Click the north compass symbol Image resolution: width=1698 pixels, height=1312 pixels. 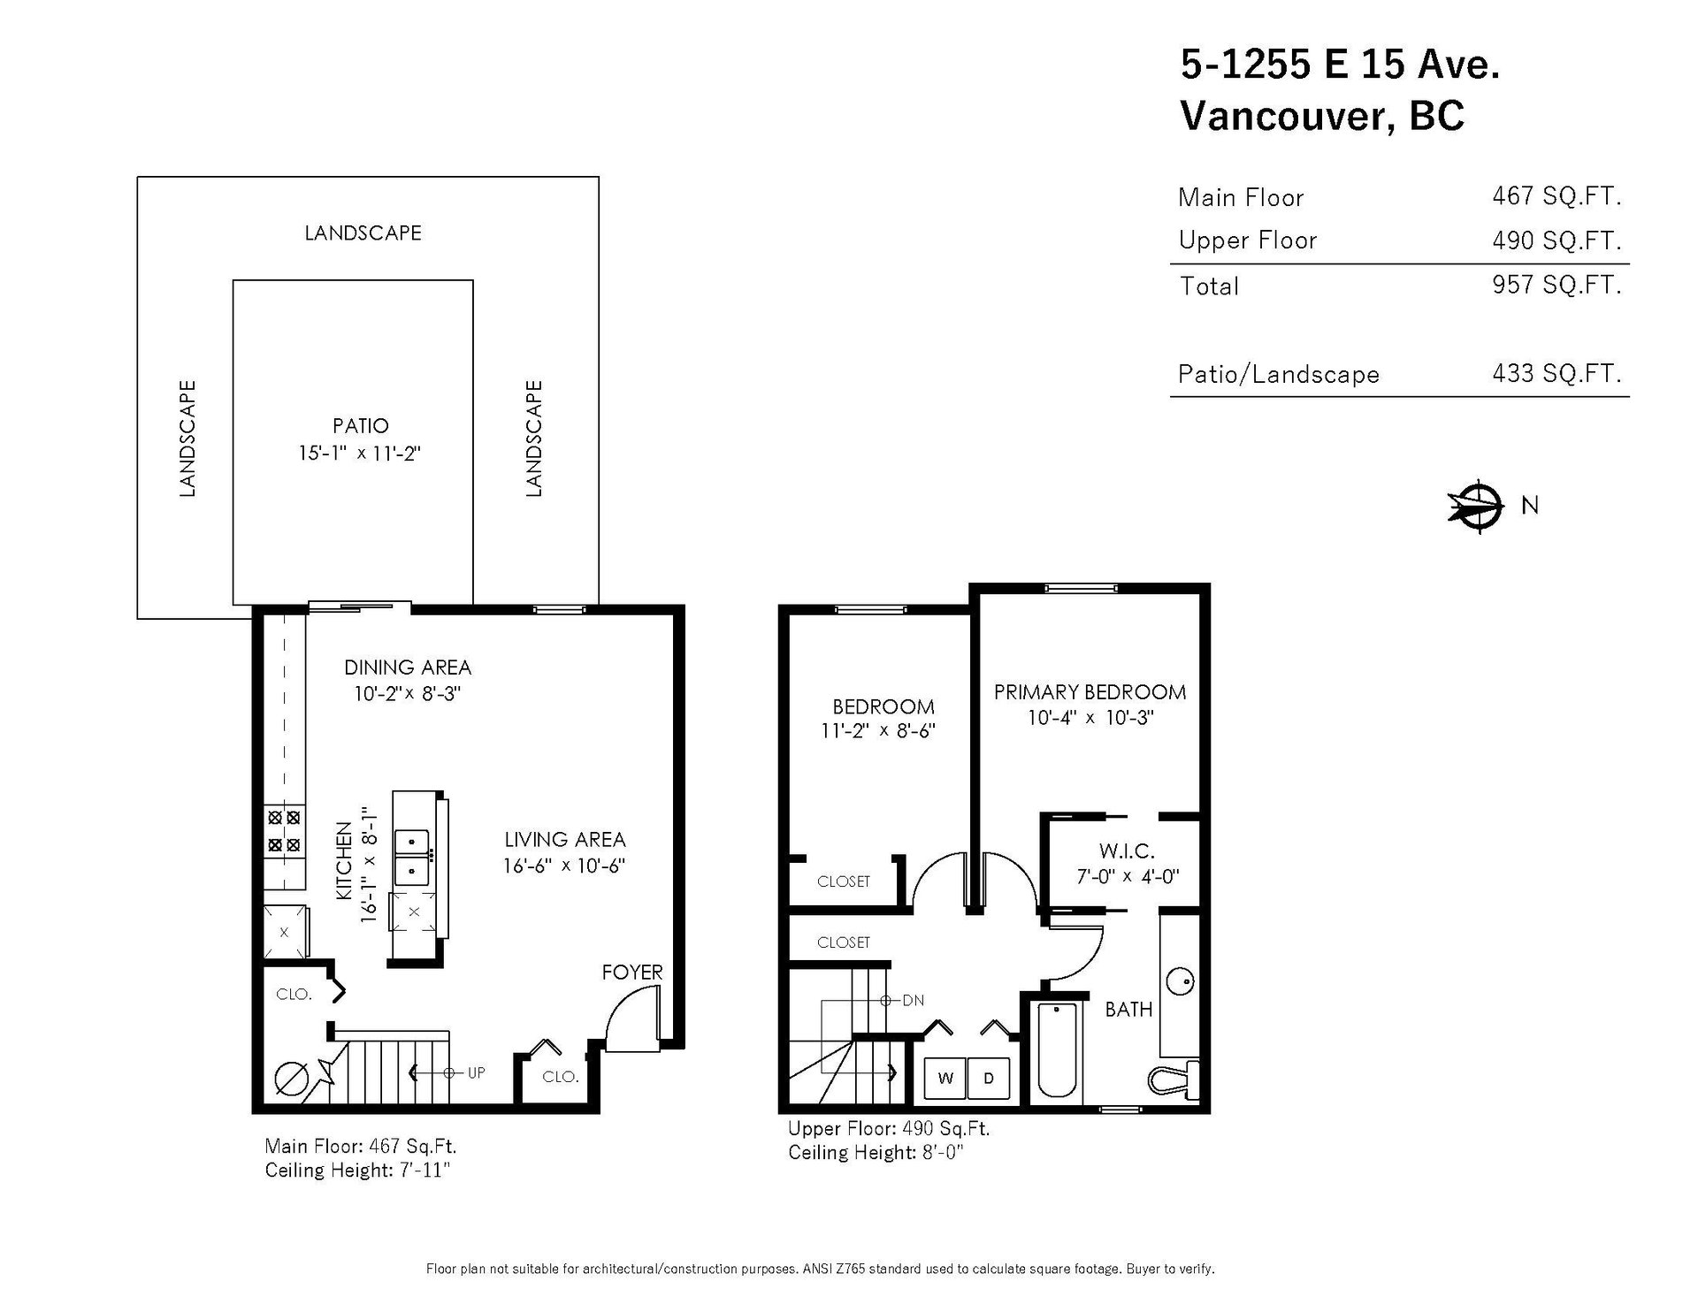1476,507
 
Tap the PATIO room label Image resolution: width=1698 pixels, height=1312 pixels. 361,426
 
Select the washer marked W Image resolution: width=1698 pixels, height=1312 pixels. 945,1078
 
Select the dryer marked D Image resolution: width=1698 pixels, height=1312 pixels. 989,1078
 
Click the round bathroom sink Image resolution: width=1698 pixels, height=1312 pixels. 1181,980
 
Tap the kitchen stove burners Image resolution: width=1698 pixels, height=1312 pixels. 285,831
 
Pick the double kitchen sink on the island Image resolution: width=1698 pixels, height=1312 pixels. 412,857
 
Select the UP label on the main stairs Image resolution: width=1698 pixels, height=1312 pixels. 477,1073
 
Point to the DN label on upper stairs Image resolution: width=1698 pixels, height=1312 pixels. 914,1001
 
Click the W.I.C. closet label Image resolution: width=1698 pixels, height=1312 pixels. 1128,851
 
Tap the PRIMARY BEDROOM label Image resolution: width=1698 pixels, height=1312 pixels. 1090,692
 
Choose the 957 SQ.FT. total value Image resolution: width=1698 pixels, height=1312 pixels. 1557,285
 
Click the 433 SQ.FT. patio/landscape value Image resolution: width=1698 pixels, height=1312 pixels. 1557,373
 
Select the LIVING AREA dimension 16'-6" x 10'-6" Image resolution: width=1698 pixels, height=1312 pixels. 565,866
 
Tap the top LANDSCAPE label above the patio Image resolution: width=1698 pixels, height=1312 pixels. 363,233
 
